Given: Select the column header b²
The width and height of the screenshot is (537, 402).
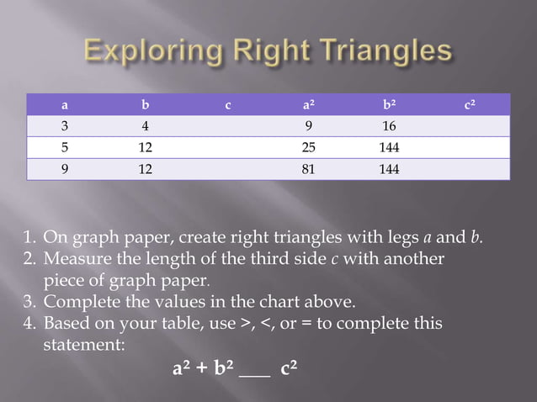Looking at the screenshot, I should click(388, 106).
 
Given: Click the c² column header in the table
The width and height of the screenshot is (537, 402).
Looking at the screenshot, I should click(471, 106).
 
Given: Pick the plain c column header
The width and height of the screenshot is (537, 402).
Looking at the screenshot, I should click(227, 106).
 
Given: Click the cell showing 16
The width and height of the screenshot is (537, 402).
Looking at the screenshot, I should click(389, 127).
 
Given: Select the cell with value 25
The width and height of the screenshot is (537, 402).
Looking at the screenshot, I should click(309, 148).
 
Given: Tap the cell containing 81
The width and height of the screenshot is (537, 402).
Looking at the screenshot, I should click(309, 169).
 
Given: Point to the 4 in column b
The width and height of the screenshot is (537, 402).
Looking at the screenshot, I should click(146, 127).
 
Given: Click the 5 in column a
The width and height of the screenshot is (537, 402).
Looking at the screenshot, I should click(65, 148).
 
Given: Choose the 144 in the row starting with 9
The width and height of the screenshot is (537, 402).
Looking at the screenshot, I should click(389, 169).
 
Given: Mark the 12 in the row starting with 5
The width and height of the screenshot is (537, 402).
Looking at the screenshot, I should click(146, 148).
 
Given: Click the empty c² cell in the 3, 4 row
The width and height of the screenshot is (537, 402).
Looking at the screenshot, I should click(471, 127).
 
